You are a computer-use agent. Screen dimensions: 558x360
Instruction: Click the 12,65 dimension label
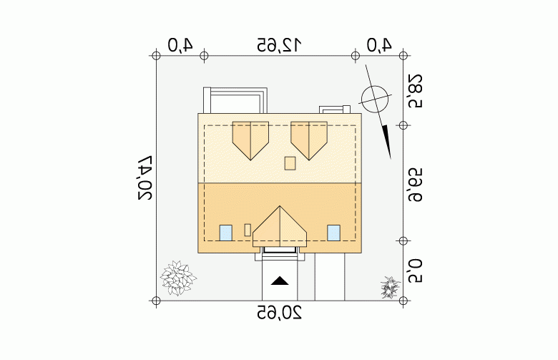pos(279,45)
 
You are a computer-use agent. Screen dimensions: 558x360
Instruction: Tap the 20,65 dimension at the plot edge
pos(279,313)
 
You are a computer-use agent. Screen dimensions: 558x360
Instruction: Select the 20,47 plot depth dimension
pos(145,177)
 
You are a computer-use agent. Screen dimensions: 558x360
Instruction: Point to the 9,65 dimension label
pos(415,185)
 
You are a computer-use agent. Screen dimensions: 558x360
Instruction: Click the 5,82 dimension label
pos(415,91)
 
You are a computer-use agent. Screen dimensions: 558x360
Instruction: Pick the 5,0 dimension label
pos(415,271)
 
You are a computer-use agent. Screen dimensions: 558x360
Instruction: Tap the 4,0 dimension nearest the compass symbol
pos(379,45)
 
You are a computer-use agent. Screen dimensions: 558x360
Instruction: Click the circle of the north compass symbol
pos(375,99)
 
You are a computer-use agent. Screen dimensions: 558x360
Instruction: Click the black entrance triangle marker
pos(280,281)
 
